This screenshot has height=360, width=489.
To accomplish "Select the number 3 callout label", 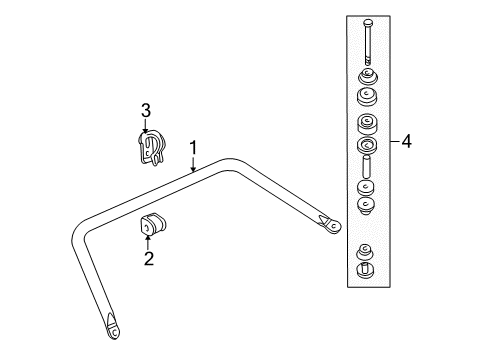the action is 145,110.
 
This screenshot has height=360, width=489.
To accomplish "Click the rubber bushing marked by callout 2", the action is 154,226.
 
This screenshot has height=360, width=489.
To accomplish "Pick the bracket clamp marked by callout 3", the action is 150,148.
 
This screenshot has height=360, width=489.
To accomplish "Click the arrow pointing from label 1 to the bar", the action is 194,167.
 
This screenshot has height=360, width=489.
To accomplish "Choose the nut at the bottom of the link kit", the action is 366,267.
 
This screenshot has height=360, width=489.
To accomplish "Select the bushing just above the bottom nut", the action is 365,250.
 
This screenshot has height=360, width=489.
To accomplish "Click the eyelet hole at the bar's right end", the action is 331,228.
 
